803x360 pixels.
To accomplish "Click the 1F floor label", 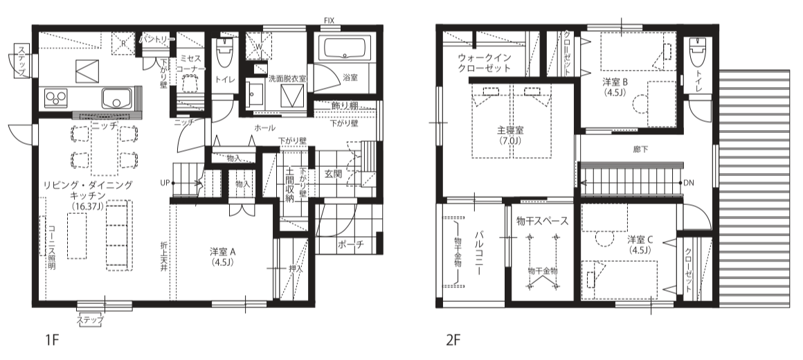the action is (x=53, y=341).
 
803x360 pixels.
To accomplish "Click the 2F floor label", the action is (x=453, y=341).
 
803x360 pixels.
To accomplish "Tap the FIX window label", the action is (x=329, y=20).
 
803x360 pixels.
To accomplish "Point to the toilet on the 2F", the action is (x=698, y=52).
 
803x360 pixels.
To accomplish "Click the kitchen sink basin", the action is (x=117, y=98).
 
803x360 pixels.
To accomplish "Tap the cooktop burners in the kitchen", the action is (x=57, y=98).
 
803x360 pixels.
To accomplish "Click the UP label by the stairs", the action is (x=164, y=183).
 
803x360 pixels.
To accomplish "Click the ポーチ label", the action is (x=350, y=245).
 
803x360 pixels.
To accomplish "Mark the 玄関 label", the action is (x=333, y=174).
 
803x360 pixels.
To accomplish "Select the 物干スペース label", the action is (x=542, y=222).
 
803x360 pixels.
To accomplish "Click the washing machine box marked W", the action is (x=257, y=44).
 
